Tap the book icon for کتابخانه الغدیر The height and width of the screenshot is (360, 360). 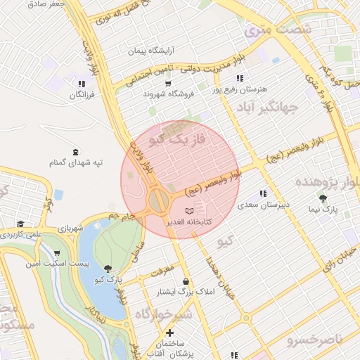coord(188,211)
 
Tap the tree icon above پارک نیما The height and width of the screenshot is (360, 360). coord(323,198)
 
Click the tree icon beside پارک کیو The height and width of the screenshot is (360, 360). coord(108,268)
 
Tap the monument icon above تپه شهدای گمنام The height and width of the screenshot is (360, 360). coord(76,152)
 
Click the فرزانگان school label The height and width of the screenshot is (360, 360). coord(79,94)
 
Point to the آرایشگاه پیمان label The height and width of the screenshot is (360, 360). coord(154,51)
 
